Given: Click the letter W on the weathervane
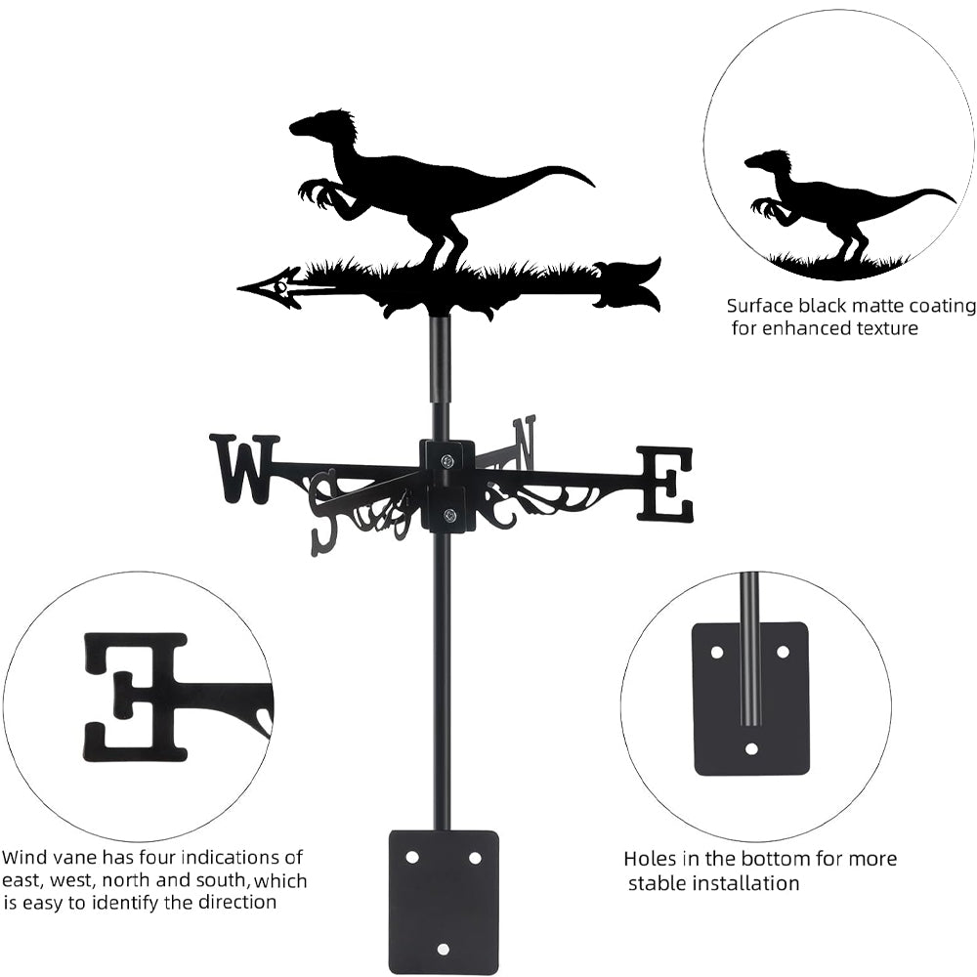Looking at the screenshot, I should (x=244, y=469).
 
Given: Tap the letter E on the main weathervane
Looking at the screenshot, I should (x=665, y=483).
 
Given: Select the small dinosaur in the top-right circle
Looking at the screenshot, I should (x=840, y=200).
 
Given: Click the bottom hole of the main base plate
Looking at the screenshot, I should (x=445, y=949).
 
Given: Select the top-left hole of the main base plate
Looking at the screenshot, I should (x=412, y=857).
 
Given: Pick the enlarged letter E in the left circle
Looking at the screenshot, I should (x=137, y=696).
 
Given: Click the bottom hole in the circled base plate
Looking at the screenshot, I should (x=751, y=749).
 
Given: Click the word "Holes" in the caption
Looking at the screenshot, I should (x=651, y=860).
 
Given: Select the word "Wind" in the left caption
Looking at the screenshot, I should (x=23, y=858).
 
